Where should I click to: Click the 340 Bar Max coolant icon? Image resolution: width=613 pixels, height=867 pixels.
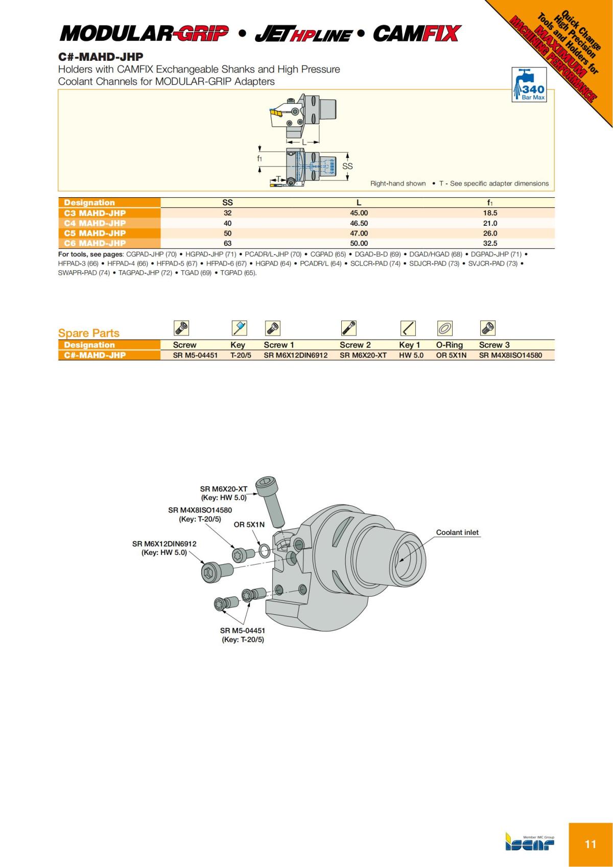click(529, 84)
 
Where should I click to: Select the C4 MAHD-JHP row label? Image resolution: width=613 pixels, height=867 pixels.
click(95, 223)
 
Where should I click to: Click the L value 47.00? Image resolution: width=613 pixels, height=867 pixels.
click(359, 233)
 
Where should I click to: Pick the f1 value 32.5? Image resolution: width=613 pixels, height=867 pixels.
click(490, 244)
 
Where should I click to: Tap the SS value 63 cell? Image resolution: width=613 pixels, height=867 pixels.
click(227, 244)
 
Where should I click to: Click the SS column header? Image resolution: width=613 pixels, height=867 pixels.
click(227, 203)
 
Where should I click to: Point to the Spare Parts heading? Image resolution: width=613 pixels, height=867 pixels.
click(89, 333)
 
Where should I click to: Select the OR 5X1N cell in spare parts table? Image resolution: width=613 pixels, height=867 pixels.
click(451, 356)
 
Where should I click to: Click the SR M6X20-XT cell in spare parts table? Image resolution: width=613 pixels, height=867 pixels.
click(363, 356)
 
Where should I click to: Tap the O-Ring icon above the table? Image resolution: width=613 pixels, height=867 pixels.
click(444, 328)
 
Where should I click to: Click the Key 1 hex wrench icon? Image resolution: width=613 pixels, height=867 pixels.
click(407, 328)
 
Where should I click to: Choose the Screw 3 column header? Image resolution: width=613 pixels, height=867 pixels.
click(494, 345)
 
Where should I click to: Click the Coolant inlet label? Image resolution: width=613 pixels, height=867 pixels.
click(457, 532)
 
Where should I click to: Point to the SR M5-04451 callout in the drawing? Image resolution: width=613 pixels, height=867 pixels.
click(243, 630)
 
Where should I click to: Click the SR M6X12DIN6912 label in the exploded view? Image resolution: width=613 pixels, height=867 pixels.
click(164, 544)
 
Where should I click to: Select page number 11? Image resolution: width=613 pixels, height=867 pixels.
click(590, 844)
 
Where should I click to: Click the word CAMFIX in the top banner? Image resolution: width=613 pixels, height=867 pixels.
click(416, 34)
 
